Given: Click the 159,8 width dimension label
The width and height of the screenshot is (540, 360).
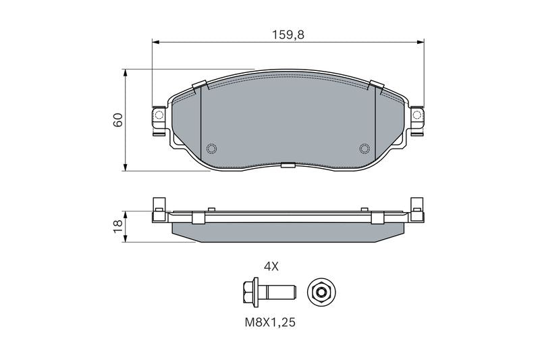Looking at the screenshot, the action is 288,35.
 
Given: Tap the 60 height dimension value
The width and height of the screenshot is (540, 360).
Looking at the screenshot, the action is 118,120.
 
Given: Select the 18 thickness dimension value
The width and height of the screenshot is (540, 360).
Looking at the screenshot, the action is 118,226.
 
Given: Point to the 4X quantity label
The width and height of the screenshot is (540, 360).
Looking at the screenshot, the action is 271,266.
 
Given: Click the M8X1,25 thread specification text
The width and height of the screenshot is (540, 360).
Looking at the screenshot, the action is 271,322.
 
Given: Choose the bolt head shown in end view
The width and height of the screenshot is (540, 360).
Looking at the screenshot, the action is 321,292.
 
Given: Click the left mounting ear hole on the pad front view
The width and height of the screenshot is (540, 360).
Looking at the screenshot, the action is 159,115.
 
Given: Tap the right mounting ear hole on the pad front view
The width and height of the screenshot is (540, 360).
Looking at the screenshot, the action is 417,115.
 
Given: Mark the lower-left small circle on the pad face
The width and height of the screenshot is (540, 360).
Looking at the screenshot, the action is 211,149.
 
